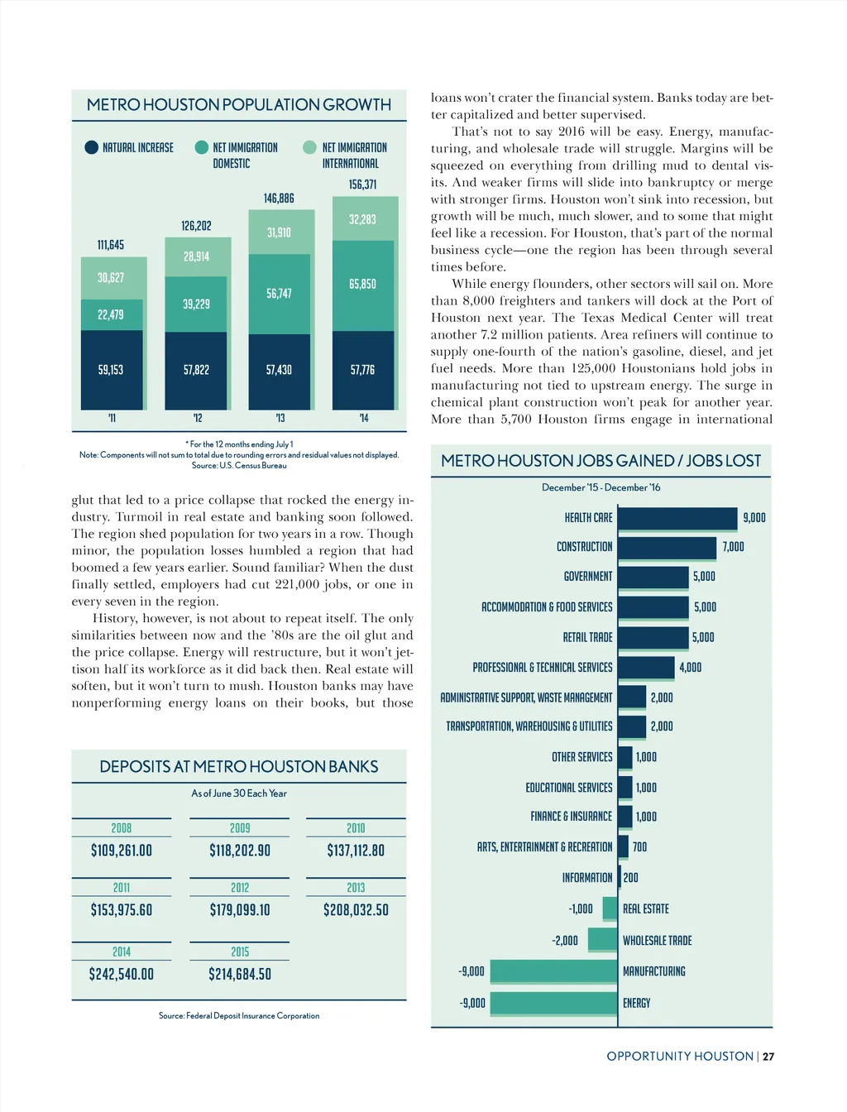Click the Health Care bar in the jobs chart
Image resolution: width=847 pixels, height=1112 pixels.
coord(677,518)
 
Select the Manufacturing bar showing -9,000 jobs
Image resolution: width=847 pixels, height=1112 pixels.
coord(554,971)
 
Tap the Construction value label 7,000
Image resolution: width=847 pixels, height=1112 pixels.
coord(733,547)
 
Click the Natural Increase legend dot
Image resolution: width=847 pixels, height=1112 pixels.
coord(92,147)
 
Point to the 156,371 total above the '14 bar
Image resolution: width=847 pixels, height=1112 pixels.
coord(362,185)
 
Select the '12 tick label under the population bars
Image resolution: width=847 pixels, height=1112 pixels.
coord(197,418)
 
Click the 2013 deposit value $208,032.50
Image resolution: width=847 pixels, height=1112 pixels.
coord(356,910)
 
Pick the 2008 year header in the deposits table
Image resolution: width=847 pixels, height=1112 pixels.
coord(122,828)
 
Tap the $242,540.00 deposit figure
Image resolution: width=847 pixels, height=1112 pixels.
coord(122,974)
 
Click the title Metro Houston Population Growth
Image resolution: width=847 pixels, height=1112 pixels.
coord(239,105)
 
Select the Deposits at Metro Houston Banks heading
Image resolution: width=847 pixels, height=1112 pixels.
coord(239,767)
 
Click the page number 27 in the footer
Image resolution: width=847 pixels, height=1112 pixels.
coord(768,1057)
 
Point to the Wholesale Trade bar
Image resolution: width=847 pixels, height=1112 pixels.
coord(602,940)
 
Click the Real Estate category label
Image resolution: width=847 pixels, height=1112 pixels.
coord(646,908)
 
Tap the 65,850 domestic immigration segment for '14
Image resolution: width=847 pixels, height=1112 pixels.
coord(362,285)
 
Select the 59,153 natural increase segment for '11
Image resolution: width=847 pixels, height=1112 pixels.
coord(111,370)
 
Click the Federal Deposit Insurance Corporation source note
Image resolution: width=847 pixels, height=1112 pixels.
coord(239,1015)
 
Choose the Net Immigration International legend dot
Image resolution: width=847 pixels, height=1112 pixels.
coord(309,147)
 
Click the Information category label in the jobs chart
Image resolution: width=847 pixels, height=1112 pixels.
coord(587,878)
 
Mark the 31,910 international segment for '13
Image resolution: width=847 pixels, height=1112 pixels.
coord(279,232)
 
